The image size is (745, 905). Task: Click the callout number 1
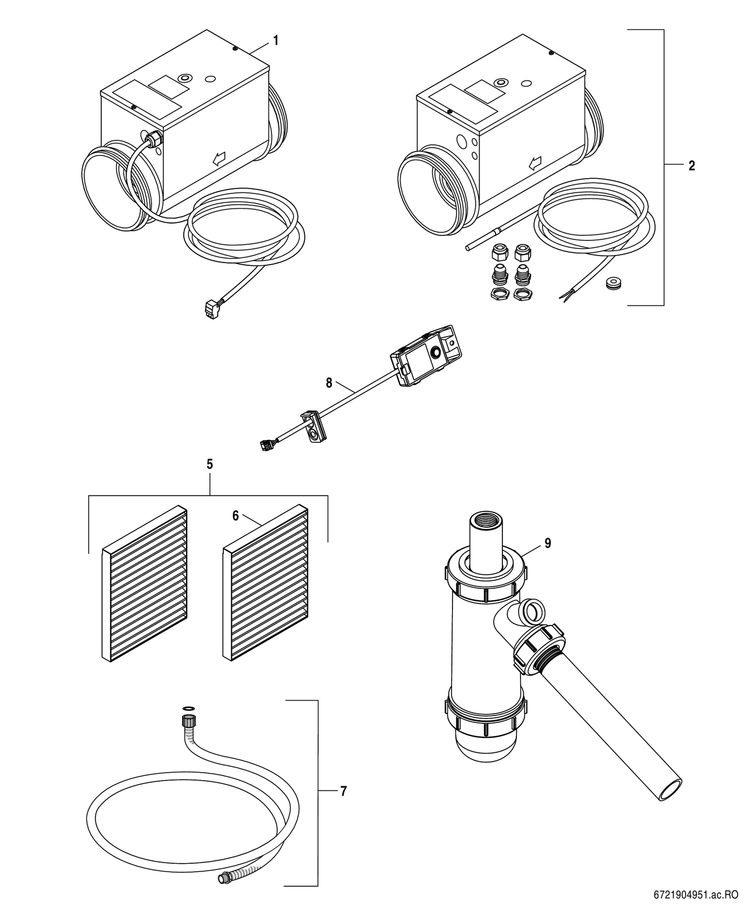[x=275, y=41]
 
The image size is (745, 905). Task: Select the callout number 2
[x=691, y=166]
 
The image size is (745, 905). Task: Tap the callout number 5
[x=209, y=464]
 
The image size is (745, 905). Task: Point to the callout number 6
[x=235, y=516]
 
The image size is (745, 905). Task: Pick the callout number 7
[x=343, y=791]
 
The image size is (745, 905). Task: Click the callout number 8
[x=329, y=383]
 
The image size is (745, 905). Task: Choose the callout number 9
[x=548, y=543]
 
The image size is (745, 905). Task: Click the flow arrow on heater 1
[x=219, y=160]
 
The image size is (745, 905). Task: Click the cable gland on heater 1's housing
[x=154, y=140]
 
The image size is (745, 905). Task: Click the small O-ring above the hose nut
[x=188, y=708]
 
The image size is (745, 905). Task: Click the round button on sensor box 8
[x=437, y=353]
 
